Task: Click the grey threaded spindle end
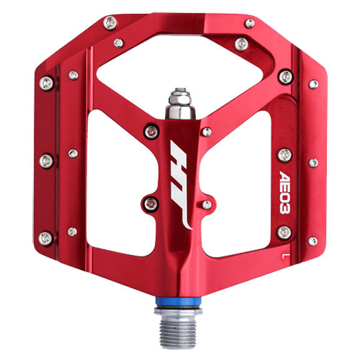[180, 331]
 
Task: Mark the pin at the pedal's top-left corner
[109, 23]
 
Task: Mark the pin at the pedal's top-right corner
[249, 23]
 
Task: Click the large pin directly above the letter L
[284, 233]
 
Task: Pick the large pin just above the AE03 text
[284, 154]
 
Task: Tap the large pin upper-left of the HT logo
[151, 131]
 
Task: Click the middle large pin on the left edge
[46, 161]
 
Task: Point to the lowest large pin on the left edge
[46, 237]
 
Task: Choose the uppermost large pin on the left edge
[46, 83]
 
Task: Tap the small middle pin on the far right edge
[313, 162]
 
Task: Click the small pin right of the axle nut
[206, 131]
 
